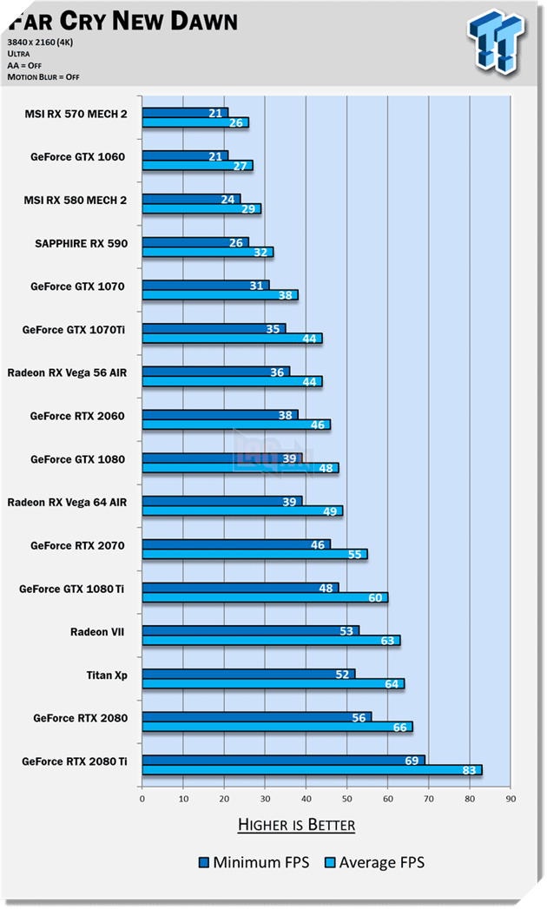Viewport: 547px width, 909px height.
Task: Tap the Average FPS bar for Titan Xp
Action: (x=273, y=684)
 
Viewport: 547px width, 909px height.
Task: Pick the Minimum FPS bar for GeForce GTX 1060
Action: (x=185, y=155)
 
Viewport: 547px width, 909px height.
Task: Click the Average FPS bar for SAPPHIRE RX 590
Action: (x=208, y=252)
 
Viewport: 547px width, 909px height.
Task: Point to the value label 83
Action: (x=469, y=770)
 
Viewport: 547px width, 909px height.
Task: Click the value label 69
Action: (x=412, y=761)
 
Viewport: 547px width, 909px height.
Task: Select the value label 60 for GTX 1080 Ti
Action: (x=375, y=597)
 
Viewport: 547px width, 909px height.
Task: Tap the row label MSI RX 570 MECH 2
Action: (x=76, y=114)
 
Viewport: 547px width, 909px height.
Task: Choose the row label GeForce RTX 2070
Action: (x=77, y=545)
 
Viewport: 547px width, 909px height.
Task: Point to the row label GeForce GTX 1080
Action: (x=77, y=459)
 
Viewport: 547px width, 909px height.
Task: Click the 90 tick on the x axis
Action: (x=511, y=799)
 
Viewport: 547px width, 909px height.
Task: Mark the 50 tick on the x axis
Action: (x=346, y=799)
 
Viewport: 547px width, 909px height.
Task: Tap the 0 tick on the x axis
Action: (x=142, y=799)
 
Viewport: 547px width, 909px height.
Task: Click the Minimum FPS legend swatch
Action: (x=204, y=862)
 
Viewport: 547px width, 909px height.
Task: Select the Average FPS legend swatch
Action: (x=329, y=862)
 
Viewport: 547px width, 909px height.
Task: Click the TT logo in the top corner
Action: (x=497, y=40)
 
